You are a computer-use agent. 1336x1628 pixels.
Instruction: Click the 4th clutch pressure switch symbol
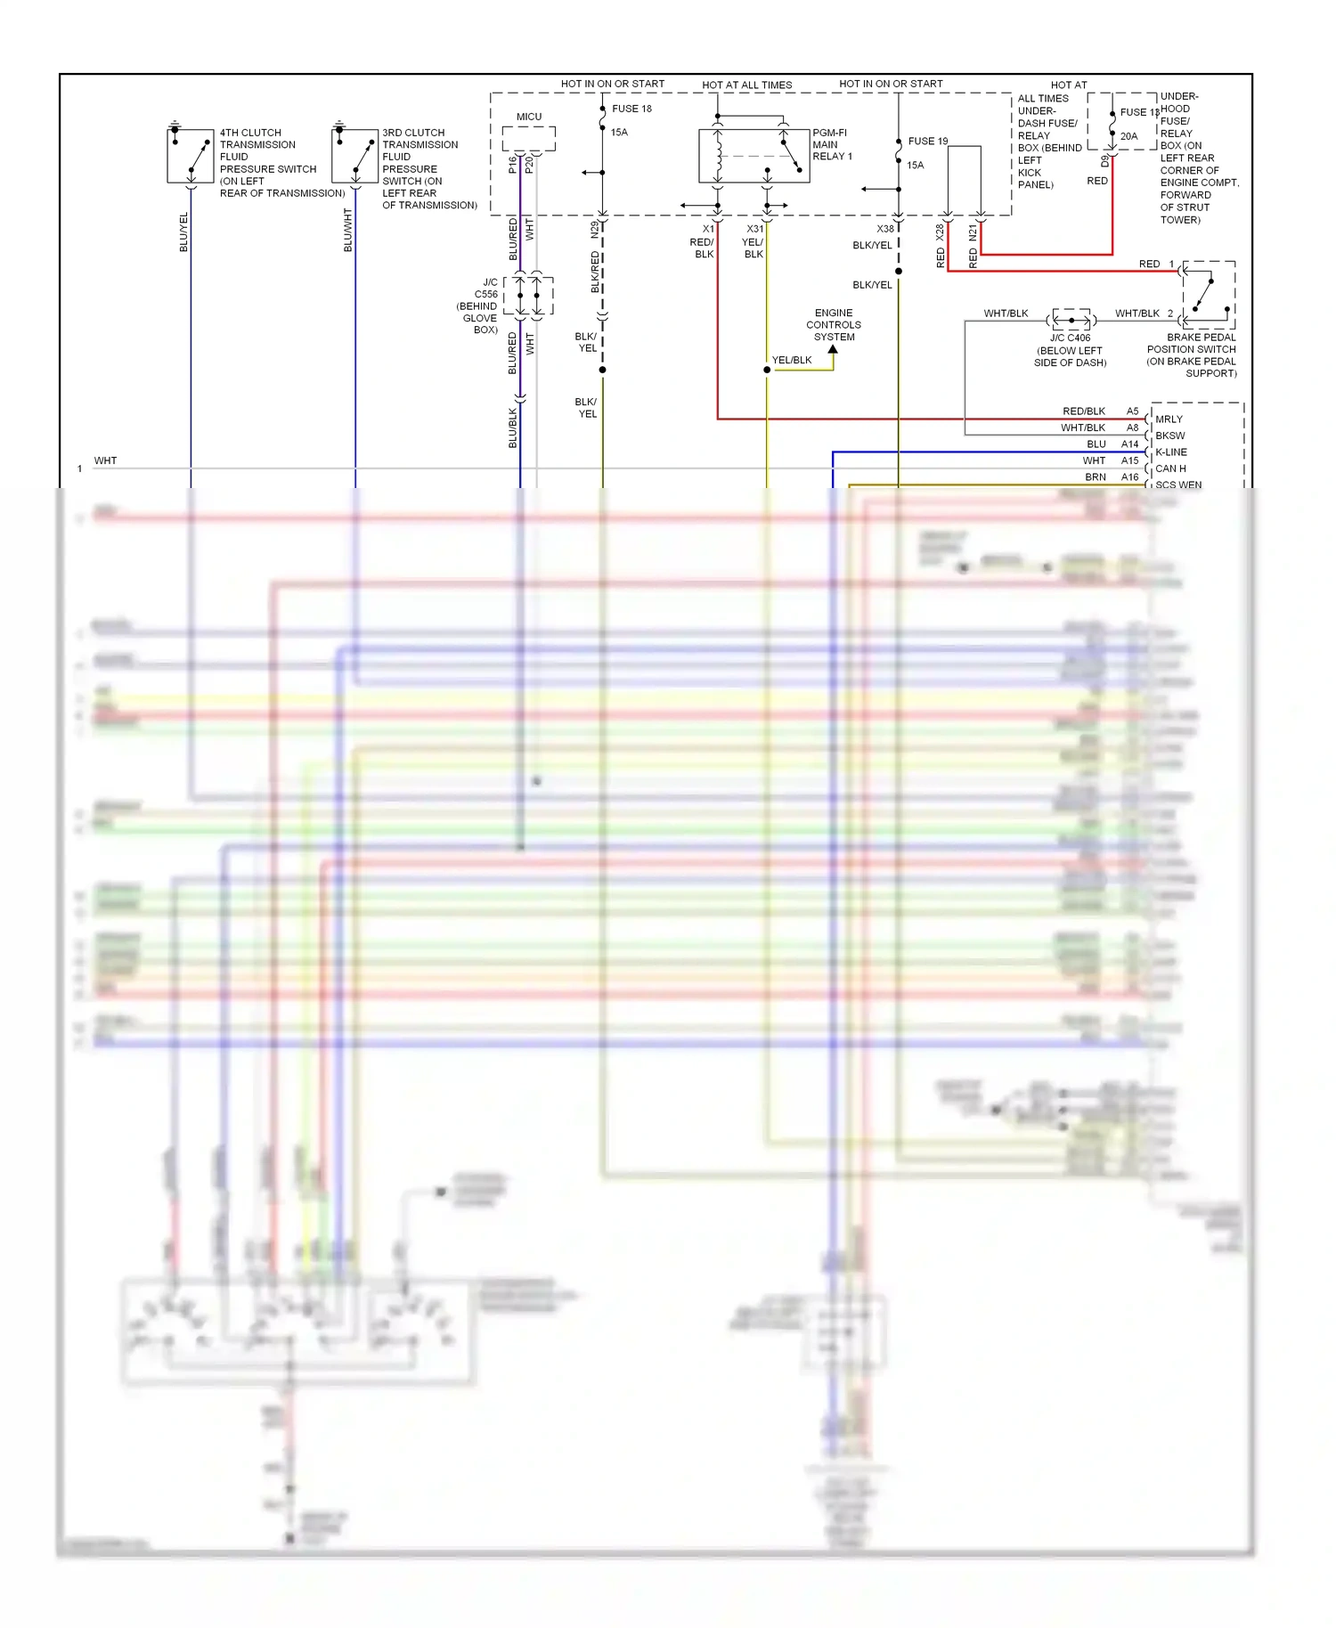coord(191,156)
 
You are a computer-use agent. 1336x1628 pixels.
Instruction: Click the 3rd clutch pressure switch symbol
coord(354,156)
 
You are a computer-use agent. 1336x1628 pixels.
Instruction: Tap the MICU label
coord(529,117)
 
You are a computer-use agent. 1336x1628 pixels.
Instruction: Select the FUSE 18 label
coord(631,109)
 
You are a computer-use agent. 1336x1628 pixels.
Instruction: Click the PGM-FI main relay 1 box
coord(754,156)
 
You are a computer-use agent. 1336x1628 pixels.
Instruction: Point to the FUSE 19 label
coord(928,141)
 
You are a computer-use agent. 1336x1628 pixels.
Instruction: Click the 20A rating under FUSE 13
coord(1128,136)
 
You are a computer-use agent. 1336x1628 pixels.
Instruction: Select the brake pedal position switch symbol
coord(1209,295)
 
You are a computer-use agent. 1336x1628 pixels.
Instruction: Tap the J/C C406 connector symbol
coord(1071,319)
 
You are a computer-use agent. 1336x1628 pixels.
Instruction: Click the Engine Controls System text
coord(834,325)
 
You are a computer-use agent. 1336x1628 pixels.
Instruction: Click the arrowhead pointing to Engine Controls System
coord(833,350)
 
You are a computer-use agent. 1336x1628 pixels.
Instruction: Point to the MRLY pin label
coord(1169,419)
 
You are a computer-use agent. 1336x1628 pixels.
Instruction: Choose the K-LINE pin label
coord(1171,452)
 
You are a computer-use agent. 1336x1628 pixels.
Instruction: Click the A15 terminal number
coord(1129,460)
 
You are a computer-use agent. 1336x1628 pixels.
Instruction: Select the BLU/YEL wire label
coord(184,232)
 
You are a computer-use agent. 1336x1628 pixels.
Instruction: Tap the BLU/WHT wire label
coord(348,230)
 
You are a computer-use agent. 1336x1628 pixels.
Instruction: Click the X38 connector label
coord(884,229)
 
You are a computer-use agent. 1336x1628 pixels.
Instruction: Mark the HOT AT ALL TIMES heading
coord(746,85)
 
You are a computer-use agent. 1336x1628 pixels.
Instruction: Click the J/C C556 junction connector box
coord(528,296)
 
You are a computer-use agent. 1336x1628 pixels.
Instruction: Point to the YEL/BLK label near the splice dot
coord(792,360)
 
